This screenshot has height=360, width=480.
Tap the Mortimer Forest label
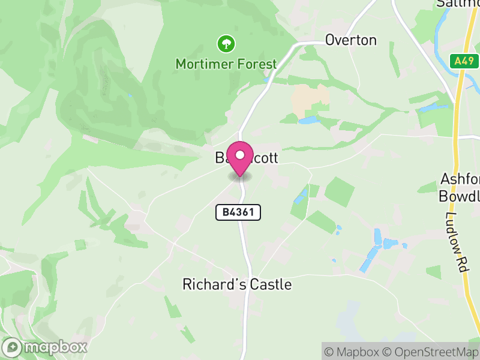[226, 64]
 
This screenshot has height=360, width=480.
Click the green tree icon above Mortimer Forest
[226, 43]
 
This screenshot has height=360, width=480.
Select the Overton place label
[351, 40]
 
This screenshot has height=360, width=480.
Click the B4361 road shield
[238, 212]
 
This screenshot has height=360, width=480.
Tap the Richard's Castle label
[237, 284]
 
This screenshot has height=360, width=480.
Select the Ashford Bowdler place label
[460, 188]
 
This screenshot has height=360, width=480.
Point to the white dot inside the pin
[240, 155]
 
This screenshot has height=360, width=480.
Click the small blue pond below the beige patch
[309, 121]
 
